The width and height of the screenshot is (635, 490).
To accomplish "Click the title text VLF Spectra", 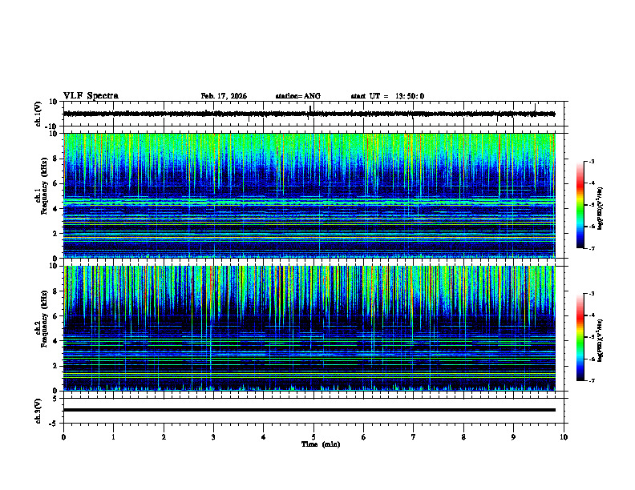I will (x=91, y=95).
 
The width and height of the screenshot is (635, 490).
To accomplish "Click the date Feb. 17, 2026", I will (x=224, y=96).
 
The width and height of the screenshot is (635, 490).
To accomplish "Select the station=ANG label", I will (x=297, y=96).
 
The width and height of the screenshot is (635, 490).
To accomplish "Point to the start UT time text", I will (x=387, y=96).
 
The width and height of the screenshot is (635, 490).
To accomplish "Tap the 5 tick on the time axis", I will (x=313, y=437).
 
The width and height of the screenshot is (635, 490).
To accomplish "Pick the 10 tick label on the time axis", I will (x=564, y=437).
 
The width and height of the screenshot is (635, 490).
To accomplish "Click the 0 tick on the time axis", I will (x=63, y=437).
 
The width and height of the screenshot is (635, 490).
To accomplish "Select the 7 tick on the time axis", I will (x=414, y=437).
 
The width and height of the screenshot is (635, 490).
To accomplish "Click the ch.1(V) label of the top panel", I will (x=38, y=114).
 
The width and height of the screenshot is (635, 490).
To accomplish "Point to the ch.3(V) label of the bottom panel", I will (x=38, y=410).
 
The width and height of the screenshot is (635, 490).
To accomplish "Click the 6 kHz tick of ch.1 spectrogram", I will (x=54, y=183).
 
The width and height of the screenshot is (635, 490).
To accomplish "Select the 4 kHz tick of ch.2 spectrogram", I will (x=54, y=341).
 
